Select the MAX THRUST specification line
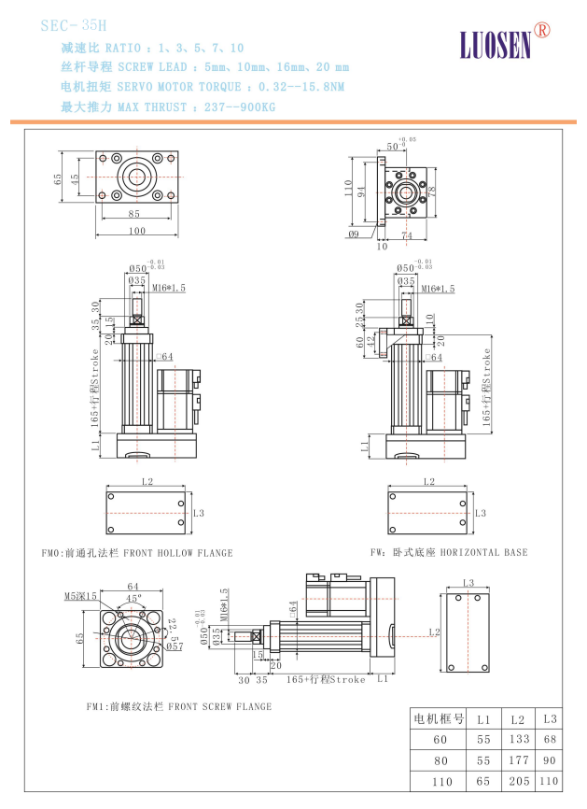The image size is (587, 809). point(168,106)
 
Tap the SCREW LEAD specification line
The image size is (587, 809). point(205,67)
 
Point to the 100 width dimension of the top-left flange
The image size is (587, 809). point(137,230)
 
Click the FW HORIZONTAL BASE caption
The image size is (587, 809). point(449,552)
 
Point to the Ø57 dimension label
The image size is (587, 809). point(175,646)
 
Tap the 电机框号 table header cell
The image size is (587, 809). point(439,718)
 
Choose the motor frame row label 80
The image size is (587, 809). point(440,759)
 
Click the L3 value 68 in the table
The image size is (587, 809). point(550,739)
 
